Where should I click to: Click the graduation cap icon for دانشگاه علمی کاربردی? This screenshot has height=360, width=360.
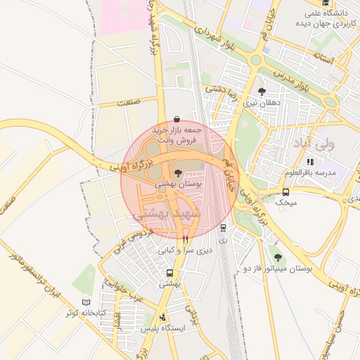coord(310,13)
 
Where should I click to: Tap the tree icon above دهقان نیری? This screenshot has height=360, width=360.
coord(262,91)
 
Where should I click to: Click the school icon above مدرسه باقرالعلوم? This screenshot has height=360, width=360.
coord(310,162)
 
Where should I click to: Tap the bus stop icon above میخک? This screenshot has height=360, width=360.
coord(285,192)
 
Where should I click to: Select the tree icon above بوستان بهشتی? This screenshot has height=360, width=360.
coord(176,172)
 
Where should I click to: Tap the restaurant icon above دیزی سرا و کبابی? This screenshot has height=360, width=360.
coord(185,239)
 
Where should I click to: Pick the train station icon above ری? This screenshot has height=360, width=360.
coord(223,227)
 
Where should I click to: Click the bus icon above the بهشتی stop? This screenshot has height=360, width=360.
coord(169,273)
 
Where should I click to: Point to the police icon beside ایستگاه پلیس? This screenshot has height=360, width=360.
coord(164,317)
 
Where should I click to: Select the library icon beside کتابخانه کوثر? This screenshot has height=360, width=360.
coord(86,301)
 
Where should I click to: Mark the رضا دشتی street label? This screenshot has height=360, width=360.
coord(224,89)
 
